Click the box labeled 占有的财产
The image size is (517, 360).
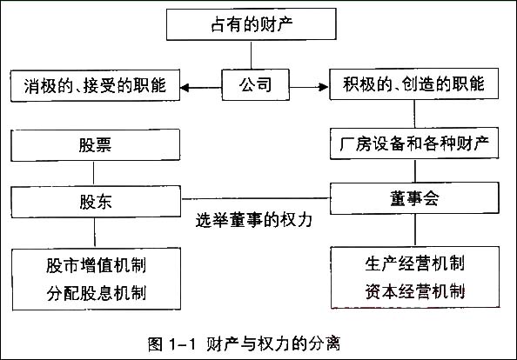pyautogui.click(x=252, y=24)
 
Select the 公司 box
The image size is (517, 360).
pyautogui.click(x=256, y=84)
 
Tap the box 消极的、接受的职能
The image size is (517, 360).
pyautogui.click(x=95, y=85)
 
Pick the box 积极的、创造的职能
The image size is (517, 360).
pyautogui.click(x=414, y=83)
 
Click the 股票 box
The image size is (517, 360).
pyautogui.click(x=95, y=145)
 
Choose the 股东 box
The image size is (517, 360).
pyautogui.click(x=96, y=202)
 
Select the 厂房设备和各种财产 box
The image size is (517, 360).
pyautogui.click(x=414, y=143)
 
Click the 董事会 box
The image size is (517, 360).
pyautogui.click(x=415, y=198)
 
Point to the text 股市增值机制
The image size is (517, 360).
pyautogui.click(x=96, y=265)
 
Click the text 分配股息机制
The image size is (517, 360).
pyautogui.click(x=96, y=293)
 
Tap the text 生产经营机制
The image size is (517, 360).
pyautogui.click(x=415, y=263)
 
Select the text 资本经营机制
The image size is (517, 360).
pyautogui.click(x=415, y=291)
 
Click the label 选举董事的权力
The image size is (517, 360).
pyautogui.click(x=254, y=220)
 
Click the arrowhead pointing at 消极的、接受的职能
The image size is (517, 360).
pyautogui.click(x=185, y=88)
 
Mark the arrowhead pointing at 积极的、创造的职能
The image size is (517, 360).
pyautogui.click(x=324, y=87)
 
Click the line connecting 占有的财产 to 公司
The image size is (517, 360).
pyautogui.click(x=252, y=55)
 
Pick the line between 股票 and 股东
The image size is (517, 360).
pyautogui.click(x=94, y=174)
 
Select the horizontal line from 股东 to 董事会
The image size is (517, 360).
pyautogui.click(x=256, y=198)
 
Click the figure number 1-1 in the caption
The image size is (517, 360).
pyautogui.click(x=182, y=344)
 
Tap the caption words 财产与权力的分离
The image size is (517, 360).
pyautogui.click(x=273, y=344)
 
